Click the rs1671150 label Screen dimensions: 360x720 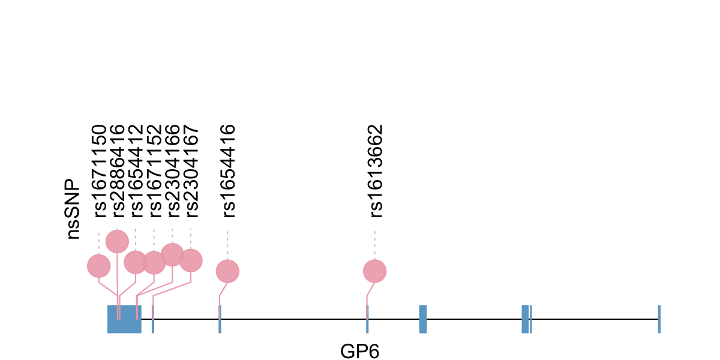(99, 170)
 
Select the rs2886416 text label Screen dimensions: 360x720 (118, 170)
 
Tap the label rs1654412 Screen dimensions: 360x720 (136, 170)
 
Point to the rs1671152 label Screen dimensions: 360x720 (154, 170)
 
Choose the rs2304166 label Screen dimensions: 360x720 (173, 170)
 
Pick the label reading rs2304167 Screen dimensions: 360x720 (191, 170)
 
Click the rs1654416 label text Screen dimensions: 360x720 (228, 170)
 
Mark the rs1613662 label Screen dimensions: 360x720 (375, 170)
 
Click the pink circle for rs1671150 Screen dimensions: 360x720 (99, 266)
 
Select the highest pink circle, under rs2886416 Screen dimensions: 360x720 (117, 241)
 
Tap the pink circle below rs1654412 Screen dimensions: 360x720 (136, 262)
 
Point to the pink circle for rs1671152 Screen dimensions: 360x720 (154, 262)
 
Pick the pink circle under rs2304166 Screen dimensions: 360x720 (173, 254)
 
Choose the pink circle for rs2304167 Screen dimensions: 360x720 (191, 260)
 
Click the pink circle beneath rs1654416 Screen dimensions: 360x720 (227, 271)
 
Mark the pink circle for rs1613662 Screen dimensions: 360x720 (375, 271)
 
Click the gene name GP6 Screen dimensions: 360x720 (360, 351)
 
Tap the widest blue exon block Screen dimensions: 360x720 (124, 319)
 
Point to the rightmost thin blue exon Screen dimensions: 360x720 (659, 319)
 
